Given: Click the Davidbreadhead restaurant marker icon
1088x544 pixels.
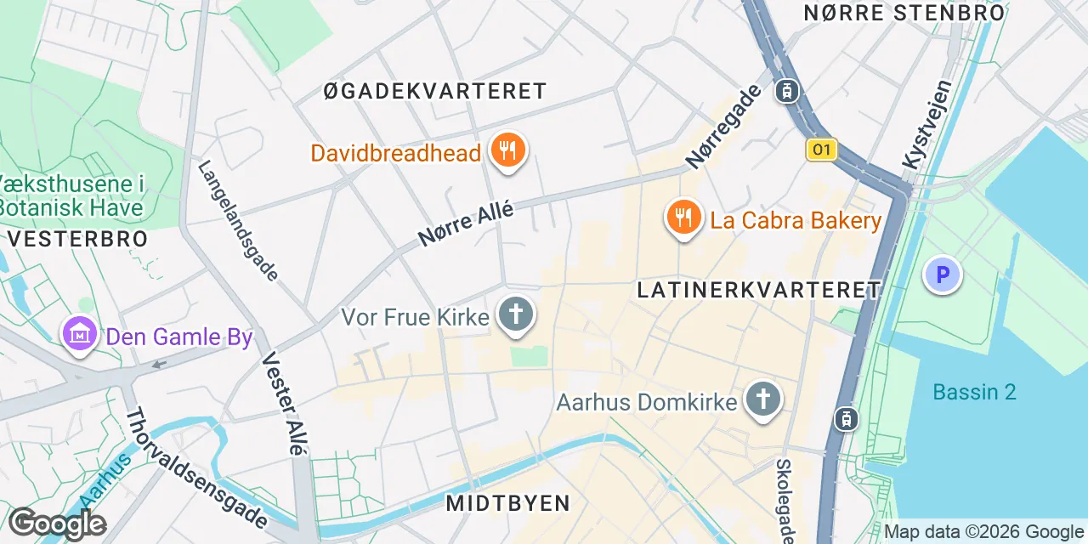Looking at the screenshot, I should [x=508, y=151].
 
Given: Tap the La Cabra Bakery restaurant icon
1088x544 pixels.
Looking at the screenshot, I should [x=683, y=218].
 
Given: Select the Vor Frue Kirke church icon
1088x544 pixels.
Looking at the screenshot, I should [x=515, y=314].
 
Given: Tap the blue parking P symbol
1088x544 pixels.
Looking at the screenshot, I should [x=942, y=275].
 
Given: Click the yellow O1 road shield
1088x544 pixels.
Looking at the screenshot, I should [x=821, y=150].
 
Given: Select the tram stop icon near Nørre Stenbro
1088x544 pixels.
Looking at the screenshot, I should [x=787, y=90].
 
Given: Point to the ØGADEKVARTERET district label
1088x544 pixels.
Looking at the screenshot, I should [x=435, y=91].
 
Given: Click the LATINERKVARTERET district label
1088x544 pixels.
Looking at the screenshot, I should [x=759, y=290].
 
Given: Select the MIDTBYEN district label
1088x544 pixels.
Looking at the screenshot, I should [x=508, y=503].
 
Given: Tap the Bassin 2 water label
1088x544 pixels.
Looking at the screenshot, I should [x=974, y=392].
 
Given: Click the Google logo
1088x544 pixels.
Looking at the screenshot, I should [x=57, y=524].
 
